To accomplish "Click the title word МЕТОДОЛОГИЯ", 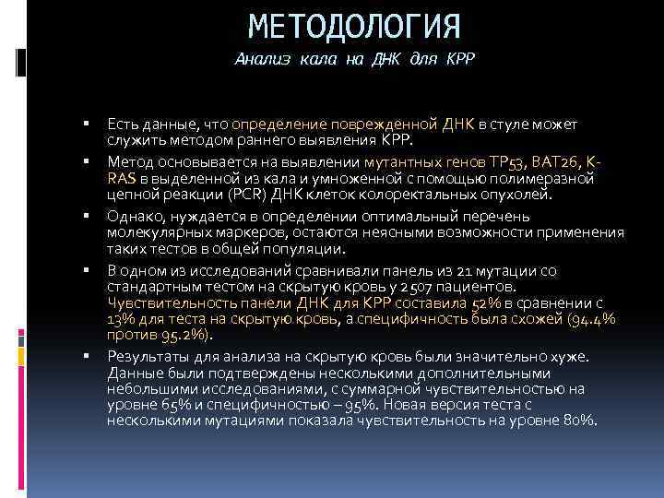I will (354, 25).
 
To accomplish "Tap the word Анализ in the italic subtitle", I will (264, 59).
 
